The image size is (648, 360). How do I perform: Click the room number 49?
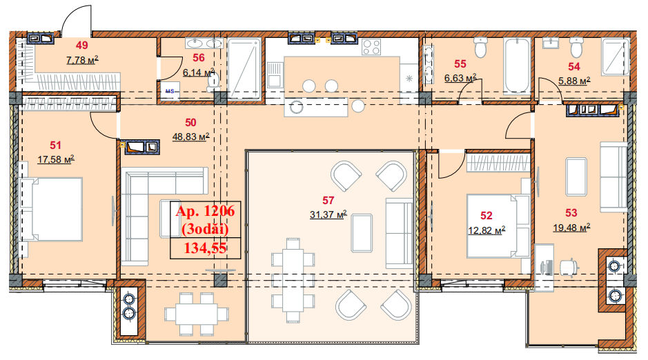(82, 46)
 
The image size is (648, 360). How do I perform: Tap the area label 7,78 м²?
(82, 60)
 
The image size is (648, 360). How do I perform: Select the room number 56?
(199, 58)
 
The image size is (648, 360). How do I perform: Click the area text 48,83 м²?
(190, 137)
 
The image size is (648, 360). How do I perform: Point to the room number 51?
(55, 146)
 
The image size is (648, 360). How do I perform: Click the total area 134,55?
(205, 248)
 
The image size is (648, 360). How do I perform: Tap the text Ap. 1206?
(205, 211)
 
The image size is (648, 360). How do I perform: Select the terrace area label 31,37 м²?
(328, 214)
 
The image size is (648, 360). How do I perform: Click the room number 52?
(487, 215)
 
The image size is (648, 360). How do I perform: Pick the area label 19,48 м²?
(571, 228)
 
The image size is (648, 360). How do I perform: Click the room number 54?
(574, 66)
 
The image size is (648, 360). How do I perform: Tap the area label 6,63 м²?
(460, 78)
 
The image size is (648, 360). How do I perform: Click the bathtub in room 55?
(517, 66)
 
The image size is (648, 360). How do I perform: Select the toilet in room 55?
(480, 47)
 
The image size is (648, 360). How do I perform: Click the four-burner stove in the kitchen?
(371, 47)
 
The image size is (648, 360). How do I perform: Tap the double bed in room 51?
(50, 209)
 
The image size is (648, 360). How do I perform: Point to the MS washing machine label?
(170, 91)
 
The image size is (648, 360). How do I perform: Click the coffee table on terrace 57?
(362, 233)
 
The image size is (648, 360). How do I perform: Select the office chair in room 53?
(569, 267)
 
